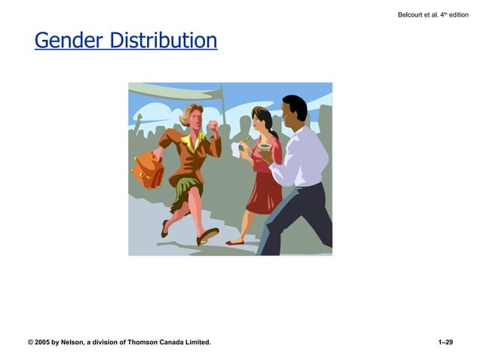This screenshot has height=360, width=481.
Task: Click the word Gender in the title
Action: (x=69, y=40)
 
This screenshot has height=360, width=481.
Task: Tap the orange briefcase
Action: (x=148, y=170)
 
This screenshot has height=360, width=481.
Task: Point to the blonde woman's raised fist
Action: (x=213, y=125)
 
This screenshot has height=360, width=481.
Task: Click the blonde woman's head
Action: (x=191, y=116)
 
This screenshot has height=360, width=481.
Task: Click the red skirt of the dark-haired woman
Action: (x=263, y=193)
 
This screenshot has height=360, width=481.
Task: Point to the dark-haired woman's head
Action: (x=260, y=120)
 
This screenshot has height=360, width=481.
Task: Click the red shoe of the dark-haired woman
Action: (x=235, y=243)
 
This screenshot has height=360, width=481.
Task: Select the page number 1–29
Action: (x=445, y=343)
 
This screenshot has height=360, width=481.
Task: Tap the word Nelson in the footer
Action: (x=75, y=343)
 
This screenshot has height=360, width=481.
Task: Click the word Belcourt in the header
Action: (x=412, y=14)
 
